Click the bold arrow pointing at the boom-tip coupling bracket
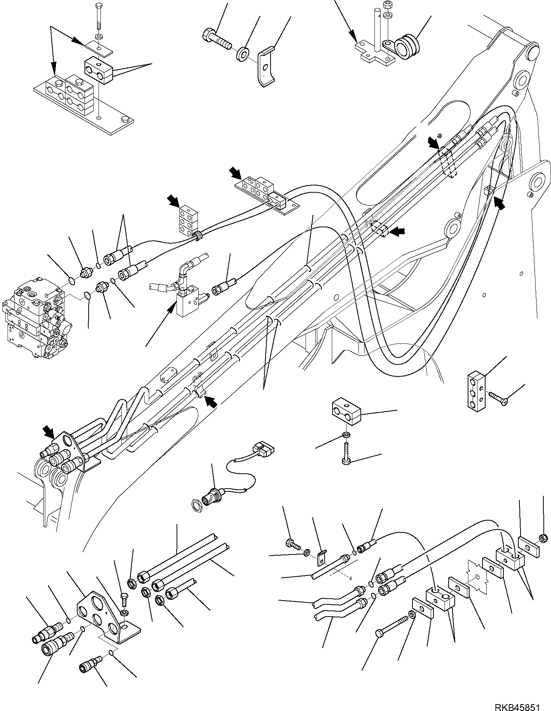[x=49, y=431]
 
